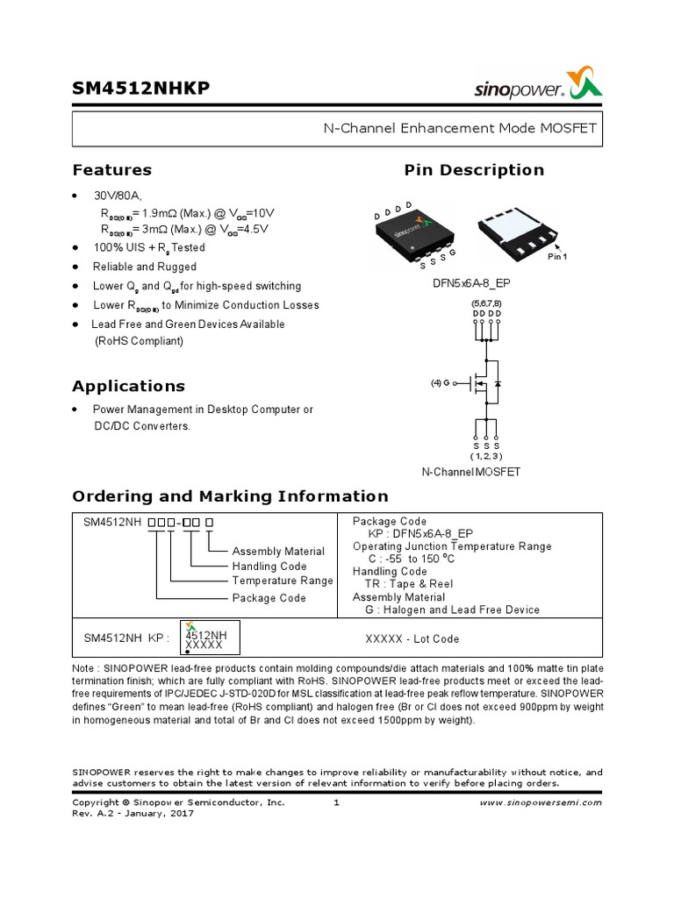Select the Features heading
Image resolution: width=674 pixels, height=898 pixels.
click(x=111, y=170)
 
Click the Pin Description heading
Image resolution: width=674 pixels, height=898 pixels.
click(x=473, y=170)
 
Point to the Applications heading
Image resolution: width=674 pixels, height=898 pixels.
click(x=128, y=386)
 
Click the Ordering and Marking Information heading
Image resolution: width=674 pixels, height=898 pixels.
click(x=230, y=495)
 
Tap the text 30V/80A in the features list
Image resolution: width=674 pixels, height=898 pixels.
click(x=118, y=196)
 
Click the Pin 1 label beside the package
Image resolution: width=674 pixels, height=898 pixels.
click(x=557, y=256)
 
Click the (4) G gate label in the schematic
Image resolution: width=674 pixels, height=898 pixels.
click(x=440, y=384)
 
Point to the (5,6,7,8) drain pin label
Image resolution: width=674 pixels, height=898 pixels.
click(x=486, y=303)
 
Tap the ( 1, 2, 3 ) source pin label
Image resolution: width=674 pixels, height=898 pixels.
click(x=486, y=456)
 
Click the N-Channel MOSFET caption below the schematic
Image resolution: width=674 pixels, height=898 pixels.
click(x=471, y=472)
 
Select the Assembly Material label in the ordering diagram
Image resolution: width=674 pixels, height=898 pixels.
click(x=277, y=552)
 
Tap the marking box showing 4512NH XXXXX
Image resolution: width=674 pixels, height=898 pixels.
click(x=210, y=638)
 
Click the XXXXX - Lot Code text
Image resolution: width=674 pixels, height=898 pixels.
click(x=412, y=639)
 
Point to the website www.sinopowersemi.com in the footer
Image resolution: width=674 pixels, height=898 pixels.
click(x=541, y=802)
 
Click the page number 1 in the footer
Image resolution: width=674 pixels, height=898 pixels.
click(x=337, y=802)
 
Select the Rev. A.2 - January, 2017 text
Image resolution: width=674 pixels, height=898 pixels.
click(x=133, y=813)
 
